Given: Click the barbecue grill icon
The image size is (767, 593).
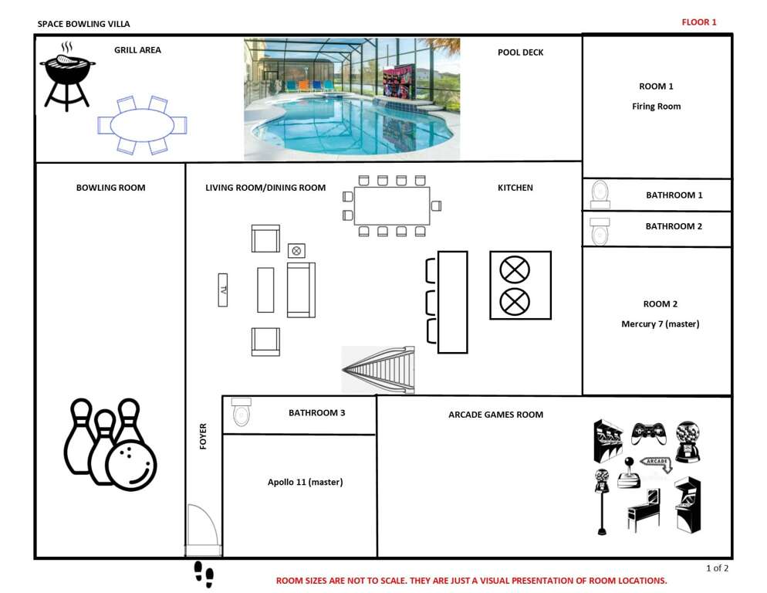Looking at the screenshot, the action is click(x=67, y=77).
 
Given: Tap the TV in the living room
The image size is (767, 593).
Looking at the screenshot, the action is click(x=222, y=290).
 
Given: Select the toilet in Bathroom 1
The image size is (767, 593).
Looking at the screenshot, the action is click(x=600, y=195).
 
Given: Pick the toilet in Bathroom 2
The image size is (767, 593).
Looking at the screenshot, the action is click(x=600, y=232).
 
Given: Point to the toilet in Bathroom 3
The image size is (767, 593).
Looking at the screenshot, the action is click(x=242, y=412).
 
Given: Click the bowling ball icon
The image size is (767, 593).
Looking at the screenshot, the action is click(x=131, y=464).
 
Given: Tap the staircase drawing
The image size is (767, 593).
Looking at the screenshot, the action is click(x=378, y=369).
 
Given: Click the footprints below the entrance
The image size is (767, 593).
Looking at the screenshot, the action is click(x=204, y=574).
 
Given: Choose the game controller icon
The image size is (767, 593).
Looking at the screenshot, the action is click(x=649, y=433).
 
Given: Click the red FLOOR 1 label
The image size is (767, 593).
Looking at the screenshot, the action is click(x=699, y=22).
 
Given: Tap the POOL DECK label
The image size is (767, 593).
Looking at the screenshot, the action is click(x=520, y=53).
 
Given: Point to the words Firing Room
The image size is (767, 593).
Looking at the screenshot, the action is click(x=656, y=107).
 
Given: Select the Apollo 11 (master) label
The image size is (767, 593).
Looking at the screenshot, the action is click(x=306, y=482).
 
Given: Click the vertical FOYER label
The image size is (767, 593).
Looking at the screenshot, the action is click(x=203, y=436).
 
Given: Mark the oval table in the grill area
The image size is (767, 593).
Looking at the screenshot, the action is click(x=142, y=125).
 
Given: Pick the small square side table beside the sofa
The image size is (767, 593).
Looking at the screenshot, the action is click(x=296, y=251).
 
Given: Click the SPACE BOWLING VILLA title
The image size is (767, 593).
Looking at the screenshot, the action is click(x=83, y=24).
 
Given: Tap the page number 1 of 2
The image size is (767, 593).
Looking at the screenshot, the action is click(x=717, y=568).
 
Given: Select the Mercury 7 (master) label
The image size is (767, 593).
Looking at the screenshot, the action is click(x=661, y=324).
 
